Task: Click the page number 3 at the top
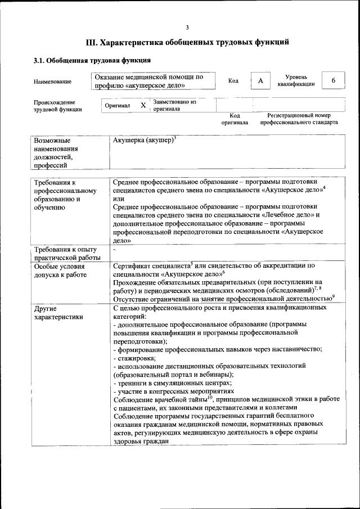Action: (187, 28)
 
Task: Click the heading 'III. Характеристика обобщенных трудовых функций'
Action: (187, 42)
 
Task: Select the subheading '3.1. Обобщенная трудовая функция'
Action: (92, 61)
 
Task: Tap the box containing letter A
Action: (260, 81)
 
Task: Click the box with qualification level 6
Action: (333, 80)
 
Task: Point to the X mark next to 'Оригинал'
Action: (143, 106)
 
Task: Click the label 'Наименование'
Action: (52, 82)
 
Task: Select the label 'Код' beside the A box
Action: (233, 81)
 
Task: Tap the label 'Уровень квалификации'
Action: (296, 80)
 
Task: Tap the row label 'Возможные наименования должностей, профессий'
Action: (56, 152)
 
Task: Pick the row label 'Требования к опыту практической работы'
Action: (66, 254)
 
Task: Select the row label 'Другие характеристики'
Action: (58, 313)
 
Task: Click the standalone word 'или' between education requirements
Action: (118, 198)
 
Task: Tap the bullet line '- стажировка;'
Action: (135, 358)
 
